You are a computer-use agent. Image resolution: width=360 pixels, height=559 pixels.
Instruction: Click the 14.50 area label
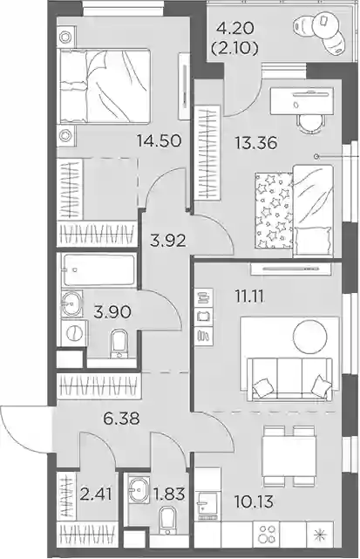point(160,141)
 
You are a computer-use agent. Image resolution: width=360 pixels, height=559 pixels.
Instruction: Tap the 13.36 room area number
point(255,143)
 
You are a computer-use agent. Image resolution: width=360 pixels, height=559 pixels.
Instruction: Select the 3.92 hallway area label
point(168,241)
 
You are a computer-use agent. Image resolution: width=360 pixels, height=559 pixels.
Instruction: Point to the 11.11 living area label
point(249,297)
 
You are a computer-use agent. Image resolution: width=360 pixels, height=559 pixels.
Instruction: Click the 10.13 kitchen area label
point(254,501)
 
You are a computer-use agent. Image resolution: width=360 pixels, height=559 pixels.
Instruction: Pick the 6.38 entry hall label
point(121,419)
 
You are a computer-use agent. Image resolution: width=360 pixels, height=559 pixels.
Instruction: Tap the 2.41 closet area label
point(96,494)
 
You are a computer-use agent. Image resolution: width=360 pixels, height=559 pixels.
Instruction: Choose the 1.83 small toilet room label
point(168,494)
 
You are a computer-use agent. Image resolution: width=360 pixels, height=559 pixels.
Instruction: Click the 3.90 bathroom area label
point(112,312)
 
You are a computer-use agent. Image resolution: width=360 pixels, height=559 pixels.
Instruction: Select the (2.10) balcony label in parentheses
point(234,48)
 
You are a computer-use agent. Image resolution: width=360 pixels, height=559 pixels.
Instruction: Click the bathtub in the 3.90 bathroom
point(98,269)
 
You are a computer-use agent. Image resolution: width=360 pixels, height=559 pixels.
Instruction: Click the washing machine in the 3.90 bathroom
point(74,333)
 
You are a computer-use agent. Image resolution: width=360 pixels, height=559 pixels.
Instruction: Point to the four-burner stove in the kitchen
point(266,534)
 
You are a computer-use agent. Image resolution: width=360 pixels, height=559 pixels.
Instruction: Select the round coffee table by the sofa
point(309,336)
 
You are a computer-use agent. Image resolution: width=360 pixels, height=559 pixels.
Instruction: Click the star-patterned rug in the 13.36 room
point(274,210)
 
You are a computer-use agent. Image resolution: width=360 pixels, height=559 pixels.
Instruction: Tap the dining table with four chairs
point(289,455)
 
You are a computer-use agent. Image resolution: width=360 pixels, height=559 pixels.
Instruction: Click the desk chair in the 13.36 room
point(311,123)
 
